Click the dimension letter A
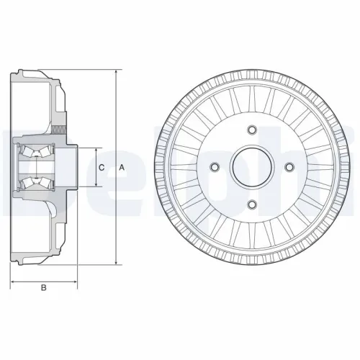point(122,168)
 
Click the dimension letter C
point(102,168)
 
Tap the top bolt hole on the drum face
point(251,130)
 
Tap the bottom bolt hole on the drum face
point(251,205)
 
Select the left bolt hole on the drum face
point(214,168)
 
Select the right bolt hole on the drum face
point(289,168)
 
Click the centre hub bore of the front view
point(251,168)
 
